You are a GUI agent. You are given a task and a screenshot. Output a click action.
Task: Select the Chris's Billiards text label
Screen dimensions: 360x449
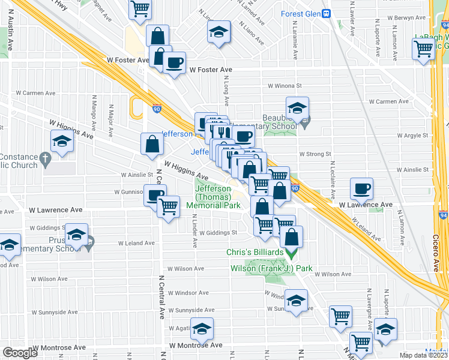click(x=255, y=253)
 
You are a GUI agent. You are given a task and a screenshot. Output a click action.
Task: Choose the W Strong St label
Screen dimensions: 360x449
click(x=315, y=154)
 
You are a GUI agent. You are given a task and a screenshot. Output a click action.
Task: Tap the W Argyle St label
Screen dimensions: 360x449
click(x=412, y=136)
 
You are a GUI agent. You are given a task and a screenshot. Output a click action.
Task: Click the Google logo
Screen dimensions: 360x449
click(x=20, y=353)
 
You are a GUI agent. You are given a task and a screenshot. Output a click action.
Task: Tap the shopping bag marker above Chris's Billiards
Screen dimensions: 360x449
click(x=291, y=236)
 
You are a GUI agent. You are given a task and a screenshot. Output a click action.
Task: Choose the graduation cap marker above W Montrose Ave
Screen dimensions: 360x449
click(x=202, y=328)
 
